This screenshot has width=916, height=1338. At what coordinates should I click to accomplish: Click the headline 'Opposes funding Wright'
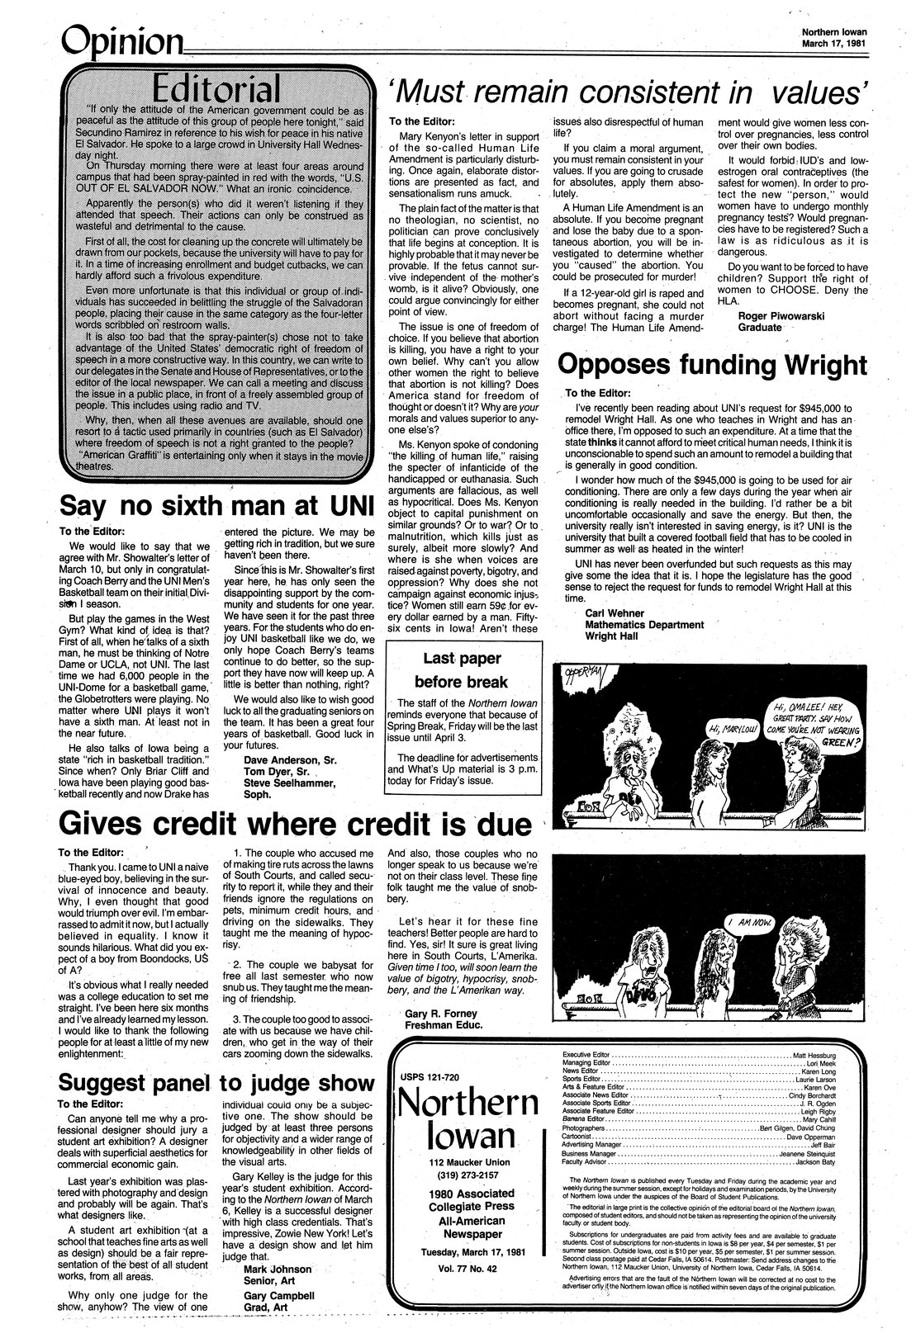pyautogui.click(x=713, y=363)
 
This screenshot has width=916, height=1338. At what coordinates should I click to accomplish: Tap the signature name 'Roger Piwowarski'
pyautogui.click(x=773, y=314)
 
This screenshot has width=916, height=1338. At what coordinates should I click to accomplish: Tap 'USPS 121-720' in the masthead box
pyautogui.click(x=432, y=1078)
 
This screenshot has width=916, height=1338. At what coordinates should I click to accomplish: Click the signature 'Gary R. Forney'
pyautogui.click(x=442, y=1013)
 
